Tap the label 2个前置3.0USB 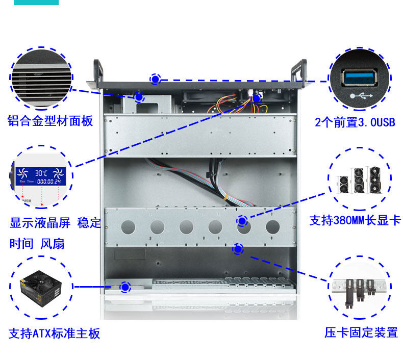tap(355, 122)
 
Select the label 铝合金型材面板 tap(50, 121)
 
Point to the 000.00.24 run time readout tap(48, 181)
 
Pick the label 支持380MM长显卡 tap(355, 220)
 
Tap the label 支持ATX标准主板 tap(54, 334)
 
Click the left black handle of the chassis tap(96, 69)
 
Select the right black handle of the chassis tap(298, 69)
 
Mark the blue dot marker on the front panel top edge tap(155, 79)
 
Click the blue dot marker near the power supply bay tap(124, 288)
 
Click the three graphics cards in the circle tap(360, 181)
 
